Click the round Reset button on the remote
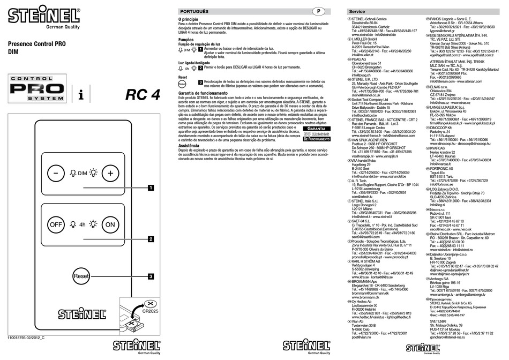tap(81, 261)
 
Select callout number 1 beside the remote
tap(151, 187)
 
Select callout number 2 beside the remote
tap(151, 239)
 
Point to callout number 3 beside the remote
tap(151, 261)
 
